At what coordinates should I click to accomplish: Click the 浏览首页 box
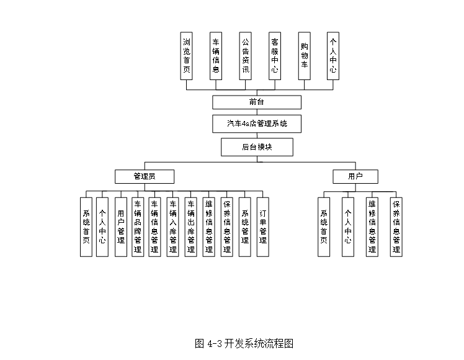click(187, 56)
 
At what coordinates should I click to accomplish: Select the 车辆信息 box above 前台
click(216, 56)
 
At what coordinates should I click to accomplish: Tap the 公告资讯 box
click(246, 56)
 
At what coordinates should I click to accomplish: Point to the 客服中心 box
click(275, 56)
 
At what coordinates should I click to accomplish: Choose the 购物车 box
click(304, 56)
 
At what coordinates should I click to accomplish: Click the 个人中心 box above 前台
click(333, 56)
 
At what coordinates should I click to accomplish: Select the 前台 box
click(257, 102)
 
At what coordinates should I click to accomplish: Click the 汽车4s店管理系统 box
click(257, 124)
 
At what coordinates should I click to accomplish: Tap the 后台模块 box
click(257, 147)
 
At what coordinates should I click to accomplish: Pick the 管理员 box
click(145, 177)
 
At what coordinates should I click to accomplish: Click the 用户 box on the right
click(355, 177)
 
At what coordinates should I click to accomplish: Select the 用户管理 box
click(121, 227)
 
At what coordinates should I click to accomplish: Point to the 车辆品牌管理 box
click(138, 227)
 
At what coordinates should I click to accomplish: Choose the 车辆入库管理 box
click(173, 227)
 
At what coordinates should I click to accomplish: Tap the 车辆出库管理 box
click(191, 227)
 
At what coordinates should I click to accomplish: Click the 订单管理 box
click(263, 227)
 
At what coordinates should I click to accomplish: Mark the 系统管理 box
click(245, 227)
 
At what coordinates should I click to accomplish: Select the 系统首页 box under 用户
click(323, 227)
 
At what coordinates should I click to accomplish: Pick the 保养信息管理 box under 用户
click(396, 227)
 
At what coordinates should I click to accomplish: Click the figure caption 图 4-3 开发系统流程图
click(244, 343)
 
